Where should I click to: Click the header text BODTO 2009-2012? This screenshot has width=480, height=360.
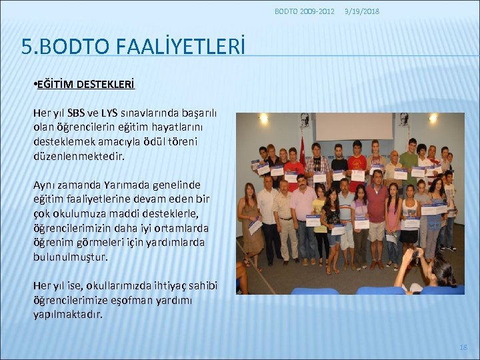pos(305,11)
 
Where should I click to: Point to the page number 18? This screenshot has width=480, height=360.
pos(463,347)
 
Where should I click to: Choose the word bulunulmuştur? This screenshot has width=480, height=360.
pos(71,257)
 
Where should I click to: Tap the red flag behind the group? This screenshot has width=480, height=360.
pos(302,150)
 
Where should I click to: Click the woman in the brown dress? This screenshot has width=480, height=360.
pos(252,223)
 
